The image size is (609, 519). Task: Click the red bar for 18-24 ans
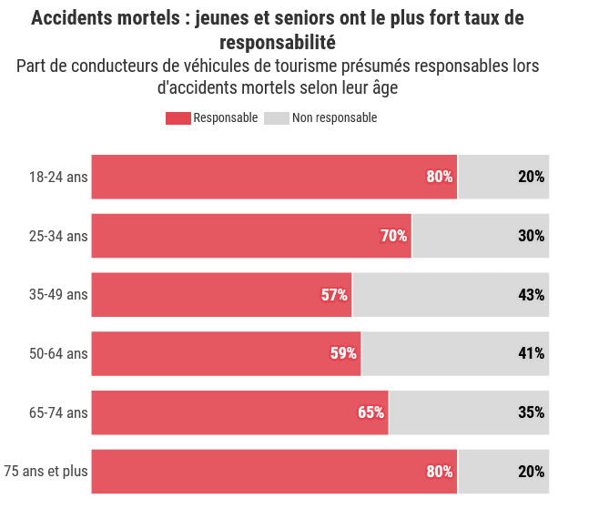274,177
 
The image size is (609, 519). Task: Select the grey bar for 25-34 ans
481,236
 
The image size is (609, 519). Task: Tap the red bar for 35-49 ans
222,295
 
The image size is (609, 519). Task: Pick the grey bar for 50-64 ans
455,353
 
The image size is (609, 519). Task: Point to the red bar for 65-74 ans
240,412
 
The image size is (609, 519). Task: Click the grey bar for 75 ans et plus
503,472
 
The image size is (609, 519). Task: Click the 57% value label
334,295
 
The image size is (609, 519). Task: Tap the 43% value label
532,295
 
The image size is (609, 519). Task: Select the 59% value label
343,353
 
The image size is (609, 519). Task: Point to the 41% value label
532,353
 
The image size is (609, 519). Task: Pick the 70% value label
394,236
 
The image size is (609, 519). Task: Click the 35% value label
532,412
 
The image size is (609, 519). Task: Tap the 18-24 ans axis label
58,178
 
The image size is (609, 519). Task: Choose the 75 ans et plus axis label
46,472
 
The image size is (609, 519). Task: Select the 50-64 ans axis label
58,354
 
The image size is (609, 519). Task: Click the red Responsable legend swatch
178,118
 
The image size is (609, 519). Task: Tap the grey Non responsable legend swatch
277,118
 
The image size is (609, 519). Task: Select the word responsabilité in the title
278,43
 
